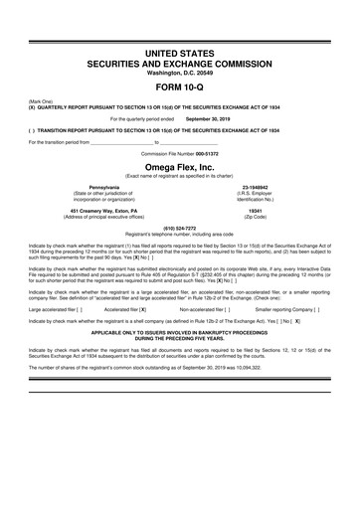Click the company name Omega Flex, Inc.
click(x=179, y=168)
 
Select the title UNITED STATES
click(x=179, y=50)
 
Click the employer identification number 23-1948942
click(x=254, y=187)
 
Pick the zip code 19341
click(x=254, y=211)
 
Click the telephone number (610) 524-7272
click(x=179, y=227)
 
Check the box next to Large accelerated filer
click(x=78, y=309)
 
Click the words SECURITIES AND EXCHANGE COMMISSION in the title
click(x=179, y=61)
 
